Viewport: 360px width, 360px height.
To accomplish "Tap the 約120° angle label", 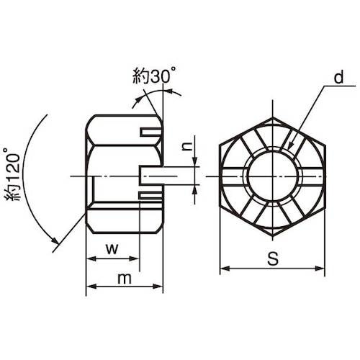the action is pyautogui.click(x=12, y=174).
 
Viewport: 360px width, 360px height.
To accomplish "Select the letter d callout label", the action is pyautogui.click(x=339, y=77).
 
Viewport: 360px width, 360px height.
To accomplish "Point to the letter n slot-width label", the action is pyautogui.click(x=187, y=146).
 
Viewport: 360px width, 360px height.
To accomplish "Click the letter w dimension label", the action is pyautogui.click(x=112, y=249).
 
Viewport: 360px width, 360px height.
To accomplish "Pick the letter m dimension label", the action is pyautogui.click(x=125, y=279).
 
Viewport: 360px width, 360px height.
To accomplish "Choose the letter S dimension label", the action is pyautogui.click(x=273, y=258).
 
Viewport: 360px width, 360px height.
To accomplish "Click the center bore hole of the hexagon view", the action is pyautogui.click(x=272, y=176).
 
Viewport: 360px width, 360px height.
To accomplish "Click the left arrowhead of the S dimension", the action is pyautogui.click(x=225, y=269).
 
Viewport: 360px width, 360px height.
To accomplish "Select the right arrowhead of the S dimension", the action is pyautogui.click(x=320, y=269).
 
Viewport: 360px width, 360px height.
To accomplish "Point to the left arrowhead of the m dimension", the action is pyautogui.click(x=91, y=286).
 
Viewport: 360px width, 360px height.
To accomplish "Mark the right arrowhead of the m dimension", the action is pyautogui.click(x=158, y=286).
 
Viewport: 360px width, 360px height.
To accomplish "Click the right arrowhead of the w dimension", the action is pyautogui.click(x=134, y=258).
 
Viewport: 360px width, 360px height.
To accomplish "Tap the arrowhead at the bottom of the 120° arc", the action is pyautogui.click(x=55, y=240).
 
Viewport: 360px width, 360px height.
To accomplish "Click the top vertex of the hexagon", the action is pyautogui.click(x=272, y=117).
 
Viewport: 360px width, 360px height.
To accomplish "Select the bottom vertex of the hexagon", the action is pyautogui.click(x=272, y=236).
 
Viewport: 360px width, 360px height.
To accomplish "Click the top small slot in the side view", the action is pyautogui.click(x=150, y=132).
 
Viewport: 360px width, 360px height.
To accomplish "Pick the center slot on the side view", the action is pyautogui.click(x=151, y=176).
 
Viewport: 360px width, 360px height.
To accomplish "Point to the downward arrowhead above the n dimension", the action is pyautogui.click(x=194, y=161).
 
